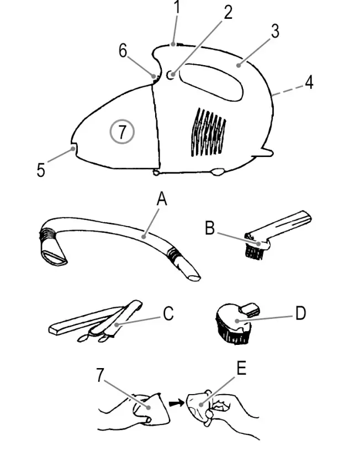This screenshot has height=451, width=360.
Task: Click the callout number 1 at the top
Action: [x=177, y=8]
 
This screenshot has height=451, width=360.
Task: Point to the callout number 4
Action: [x=309, y=82]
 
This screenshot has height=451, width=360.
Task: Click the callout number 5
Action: [x=41, y=169]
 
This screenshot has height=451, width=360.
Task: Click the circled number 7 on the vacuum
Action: [x=123, y=132]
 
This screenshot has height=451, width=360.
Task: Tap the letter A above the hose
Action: [x=161, y=200]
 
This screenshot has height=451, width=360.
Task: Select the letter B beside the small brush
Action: [x=210, y=228]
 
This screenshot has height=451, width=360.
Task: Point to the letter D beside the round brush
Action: [x=300, y=313]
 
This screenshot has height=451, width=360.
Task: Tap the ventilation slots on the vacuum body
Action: [x=208, y=131]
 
